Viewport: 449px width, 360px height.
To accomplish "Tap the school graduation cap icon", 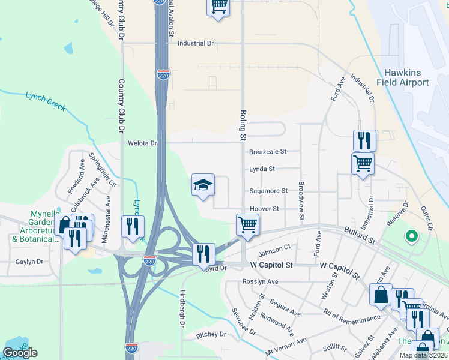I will [203, 185].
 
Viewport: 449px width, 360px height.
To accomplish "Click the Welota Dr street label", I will [142, 143].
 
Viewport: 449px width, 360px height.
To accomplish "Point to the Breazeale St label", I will [268, 152].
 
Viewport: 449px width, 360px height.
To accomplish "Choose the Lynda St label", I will [262, 169].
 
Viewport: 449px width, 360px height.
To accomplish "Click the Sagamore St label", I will [268, 191].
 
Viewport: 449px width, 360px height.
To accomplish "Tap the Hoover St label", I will [264, 209].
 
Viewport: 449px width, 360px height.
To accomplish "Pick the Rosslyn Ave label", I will [261, 281].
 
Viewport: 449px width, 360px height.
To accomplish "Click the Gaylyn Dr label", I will [30, 262].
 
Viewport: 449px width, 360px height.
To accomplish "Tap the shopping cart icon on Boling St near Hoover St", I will [247, 225].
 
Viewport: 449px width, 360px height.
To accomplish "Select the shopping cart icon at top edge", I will [218, 7].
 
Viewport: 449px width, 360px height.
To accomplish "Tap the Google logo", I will [20, 353].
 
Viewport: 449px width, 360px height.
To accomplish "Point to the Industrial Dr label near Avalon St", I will [196, 43].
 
